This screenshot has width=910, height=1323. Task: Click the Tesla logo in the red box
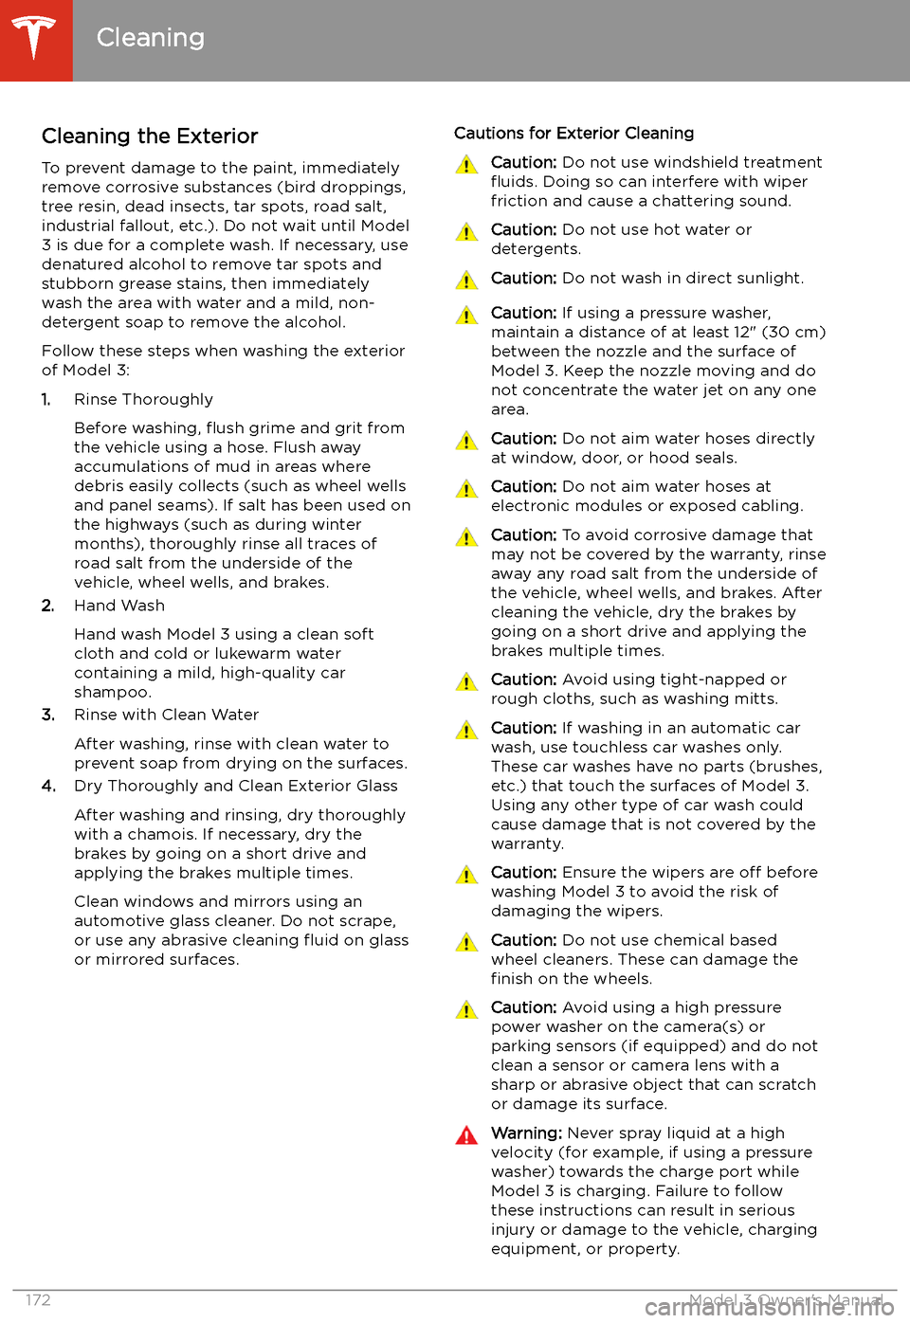(36, 39)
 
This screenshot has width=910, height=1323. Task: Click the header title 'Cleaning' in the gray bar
(151, 38)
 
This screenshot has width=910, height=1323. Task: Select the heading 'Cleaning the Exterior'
(150, 136)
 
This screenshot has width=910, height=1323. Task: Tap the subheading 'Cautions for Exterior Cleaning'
(573, 134)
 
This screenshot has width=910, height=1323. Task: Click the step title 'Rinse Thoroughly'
(143, 400)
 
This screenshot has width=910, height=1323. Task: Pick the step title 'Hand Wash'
(119, 606)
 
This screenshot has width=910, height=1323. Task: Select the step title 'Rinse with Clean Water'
(166, 715)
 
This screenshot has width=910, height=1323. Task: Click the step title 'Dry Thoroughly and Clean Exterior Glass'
(235, 786)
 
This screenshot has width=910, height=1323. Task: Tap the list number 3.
(47, 715)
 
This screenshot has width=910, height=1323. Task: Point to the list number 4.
(48, 786)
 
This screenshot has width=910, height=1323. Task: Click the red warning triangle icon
(466, 1135)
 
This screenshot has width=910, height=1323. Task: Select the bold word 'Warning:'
(526, 1133)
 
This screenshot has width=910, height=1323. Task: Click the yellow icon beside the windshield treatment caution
(466, 165)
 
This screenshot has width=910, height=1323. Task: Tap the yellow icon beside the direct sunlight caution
(466, 281)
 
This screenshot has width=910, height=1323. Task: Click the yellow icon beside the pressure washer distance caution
(466, 316)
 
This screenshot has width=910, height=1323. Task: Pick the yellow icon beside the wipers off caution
(466, 875)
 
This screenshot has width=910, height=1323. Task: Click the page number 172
(38, 1300)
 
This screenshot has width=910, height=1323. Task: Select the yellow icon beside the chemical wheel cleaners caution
(466, 942)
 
